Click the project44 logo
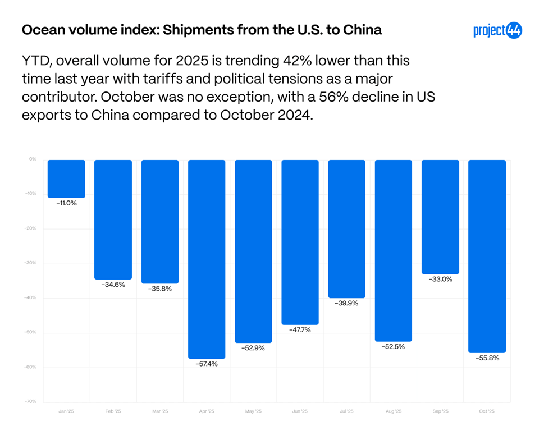497,30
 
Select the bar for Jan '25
66,178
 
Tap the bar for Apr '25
207,259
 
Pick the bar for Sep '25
440,217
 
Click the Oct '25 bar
487,256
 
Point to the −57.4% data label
207,364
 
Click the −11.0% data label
66,203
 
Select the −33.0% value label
440,279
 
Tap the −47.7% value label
300,329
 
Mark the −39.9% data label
346,303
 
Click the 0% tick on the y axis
33,159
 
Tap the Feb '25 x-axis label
113,411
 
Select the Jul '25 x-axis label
346,411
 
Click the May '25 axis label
253,411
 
